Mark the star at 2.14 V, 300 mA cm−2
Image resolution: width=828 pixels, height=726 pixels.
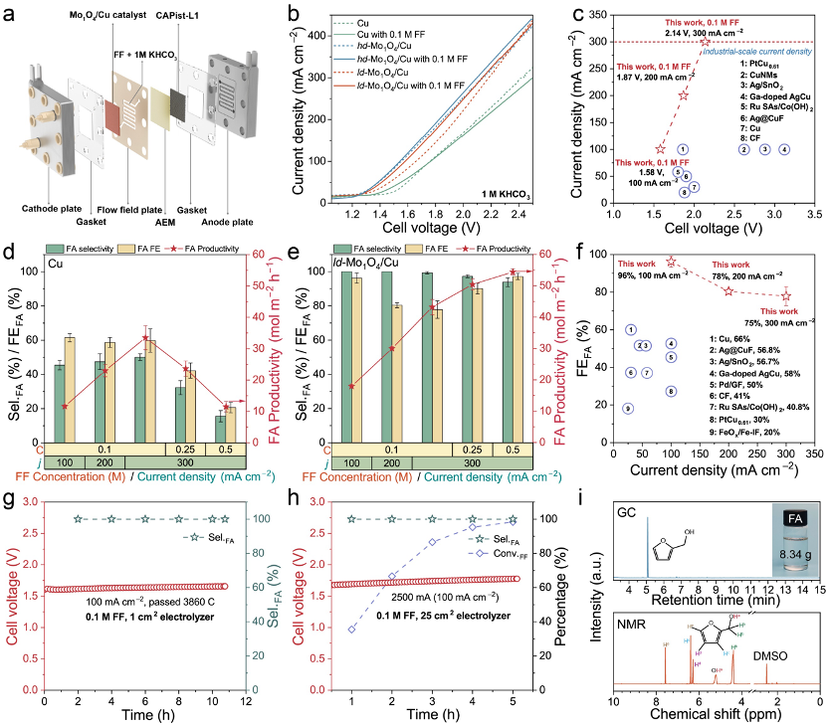(705, 42)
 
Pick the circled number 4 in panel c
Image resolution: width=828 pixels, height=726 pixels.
(784, 149)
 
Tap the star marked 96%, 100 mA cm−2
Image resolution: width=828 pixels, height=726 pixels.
(671, 262)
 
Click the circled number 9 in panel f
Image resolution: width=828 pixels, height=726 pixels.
(627, 408)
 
